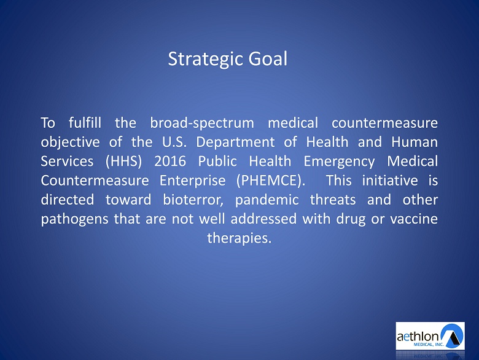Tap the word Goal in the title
268,58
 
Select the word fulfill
85,123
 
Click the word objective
70,143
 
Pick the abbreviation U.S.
174,142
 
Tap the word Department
235,143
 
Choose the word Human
415,142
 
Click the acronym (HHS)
123,162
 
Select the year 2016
170,162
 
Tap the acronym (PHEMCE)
271,181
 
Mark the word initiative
390,180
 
